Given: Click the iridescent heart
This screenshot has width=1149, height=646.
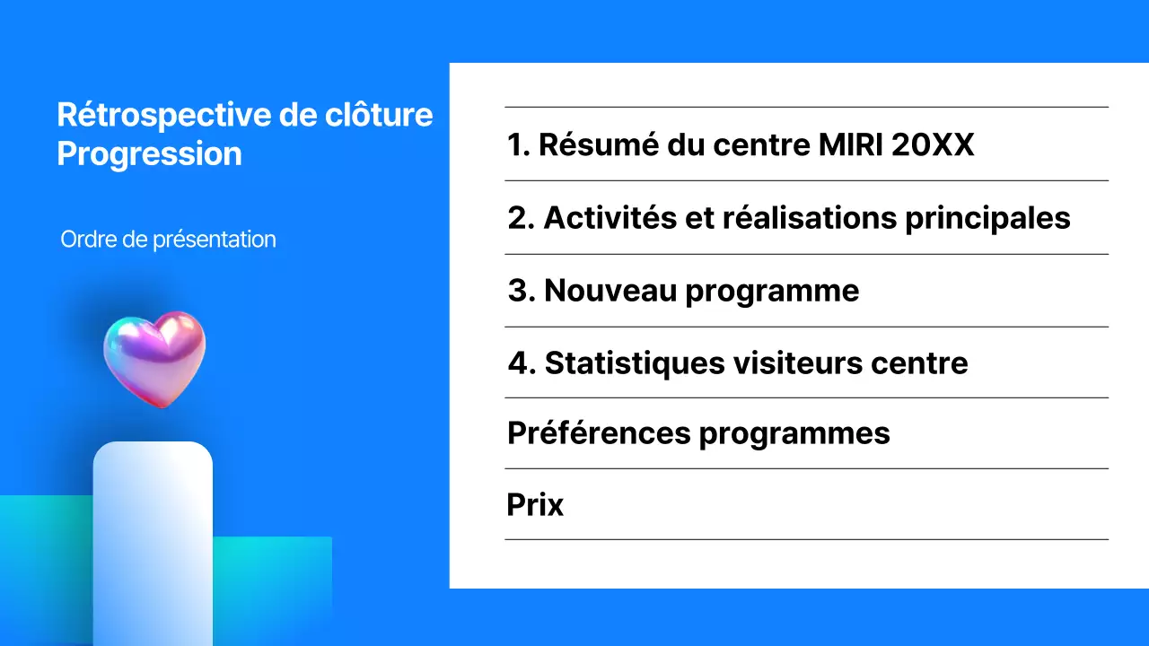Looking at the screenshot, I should point(154,357).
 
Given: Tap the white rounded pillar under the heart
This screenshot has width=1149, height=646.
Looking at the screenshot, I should point(153,538).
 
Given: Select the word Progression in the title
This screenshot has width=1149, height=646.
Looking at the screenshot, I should point(149,153).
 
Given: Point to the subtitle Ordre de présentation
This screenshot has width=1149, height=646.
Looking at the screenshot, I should point(168,240).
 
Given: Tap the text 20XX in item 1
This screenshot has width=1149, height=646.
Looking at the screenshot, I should point(934,144).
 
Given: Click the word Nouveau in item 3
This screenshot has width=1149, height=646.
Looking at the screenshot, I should point(609,291).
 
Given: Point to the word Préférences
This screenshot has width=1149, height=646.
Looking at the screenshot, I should point(599,433).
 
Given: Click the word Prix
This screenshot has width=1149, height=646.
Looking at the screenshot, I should point(535,505).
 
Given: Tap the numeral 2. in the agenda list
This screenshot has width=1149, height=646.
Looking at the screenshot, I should point(521,218).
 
